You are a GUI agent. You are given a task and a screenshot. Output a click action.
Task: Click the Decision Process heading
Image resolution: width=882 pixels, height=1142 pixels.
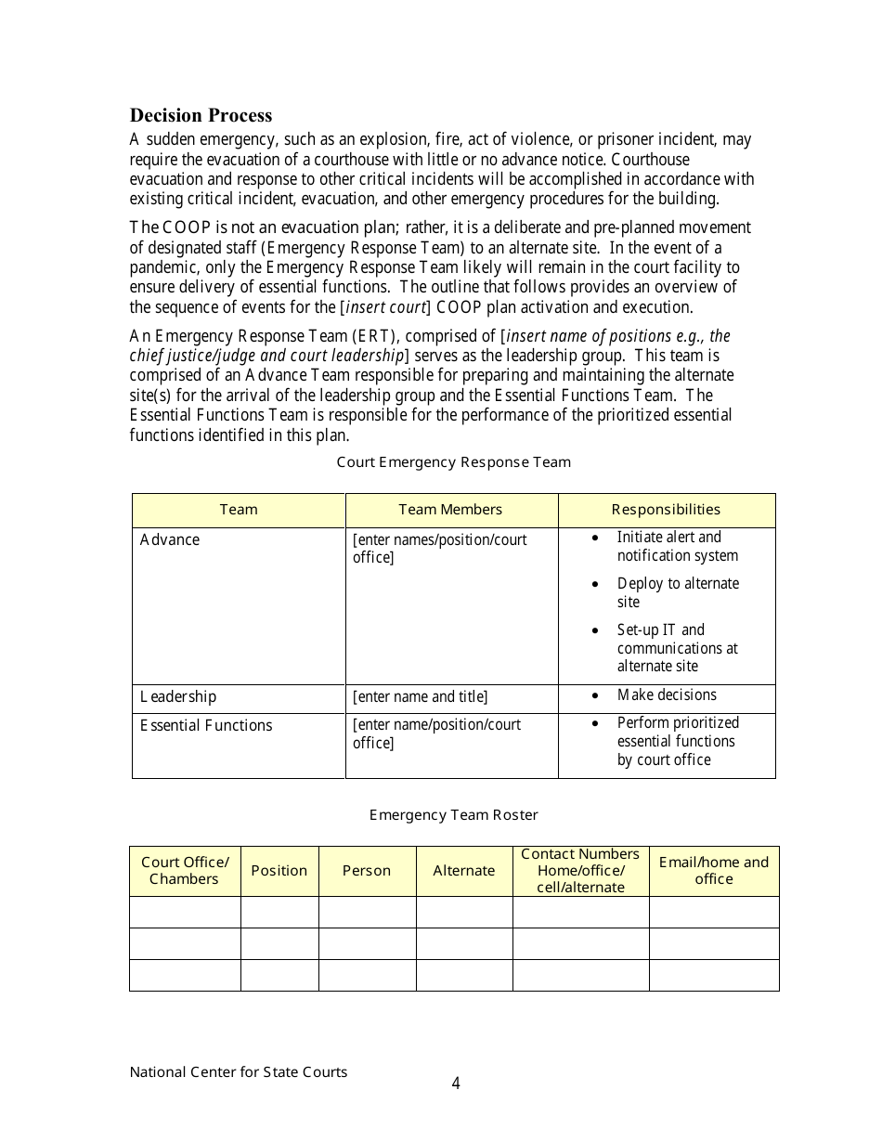[x=201, y=116]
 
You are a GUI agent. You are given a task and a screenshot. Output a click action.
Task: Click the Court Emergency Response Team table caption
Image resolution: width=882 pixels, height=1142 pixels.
[x=453, y=462]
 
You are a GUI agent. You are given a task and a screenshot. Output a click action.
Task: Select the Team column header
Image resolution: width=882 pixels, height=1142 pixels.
[x=239, y=510]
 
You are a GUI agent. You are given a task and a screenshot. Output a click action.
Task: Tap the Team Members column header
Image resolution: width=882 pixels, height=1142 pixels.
[x=450, y=510]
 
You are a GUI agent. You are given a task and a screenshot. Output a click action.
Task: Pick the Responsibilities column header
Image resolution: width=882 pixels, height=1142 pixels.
[x=666, y=510]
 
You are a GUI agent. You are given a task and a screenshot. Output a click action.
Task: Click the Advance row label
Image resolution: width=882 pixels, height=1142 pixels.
[x=170, y=540]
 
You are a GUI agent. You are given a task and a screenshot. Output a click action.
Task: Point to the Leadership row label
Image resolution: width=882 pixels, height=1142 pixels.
[x=178, y=697]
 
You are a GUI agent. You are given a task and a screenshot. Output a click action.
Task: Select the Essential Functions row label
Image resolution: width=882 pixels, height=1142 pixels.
[x=206, y=726]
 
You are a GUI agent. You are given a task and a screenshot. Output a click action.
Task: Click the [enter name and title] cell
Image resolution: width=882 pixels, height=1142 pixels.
[x=420, y=697]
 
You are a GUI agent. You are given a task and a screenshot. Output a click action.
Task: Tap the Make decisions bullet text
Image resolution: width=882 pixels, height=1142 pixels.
[x=667, y=695]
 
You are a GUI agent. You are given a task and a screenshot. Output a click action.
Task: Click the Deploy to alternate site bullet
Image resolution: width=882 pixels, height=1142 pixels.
[x=678, y=592]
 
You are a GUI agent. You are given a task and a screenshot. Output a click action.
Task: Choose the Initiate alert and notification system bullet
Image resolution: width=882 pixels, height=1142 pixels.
[x=677, y=546]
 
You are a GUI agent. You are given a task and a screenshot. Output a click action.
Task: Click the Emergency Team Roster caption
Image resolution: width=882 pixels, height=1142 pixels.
[x=453, y=815]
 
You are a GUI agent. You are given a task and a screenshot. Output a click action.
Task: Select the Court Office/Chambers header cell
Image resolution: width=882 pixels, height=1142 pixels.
[x=185, y=871]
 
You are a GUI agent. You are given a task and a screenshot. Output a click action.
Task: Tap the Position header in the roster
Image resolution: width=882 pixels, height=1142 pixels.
[x=279, y=871]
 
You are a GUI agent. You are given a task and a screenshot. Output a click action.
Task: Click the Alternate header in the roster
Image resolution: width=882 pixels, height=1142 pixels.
[x=463, y=871]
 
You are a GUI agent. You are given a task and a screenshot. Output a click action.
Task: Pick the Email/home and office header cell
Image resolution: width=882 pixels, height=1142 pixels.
[x=713, y=871]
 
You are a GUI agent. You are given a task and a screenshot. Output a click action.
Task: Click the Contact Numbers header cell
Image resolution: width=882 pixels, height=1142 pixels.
[x=580, y=871]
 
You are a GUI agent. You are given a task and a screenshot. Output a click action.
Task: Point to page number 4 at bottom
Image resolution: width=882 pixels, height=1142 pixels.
[x=456, y=1084]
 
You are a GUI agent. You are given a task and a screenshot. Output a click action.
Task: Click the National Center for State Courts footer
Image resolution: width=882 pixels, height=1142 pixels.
[x=239, y=1072]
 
